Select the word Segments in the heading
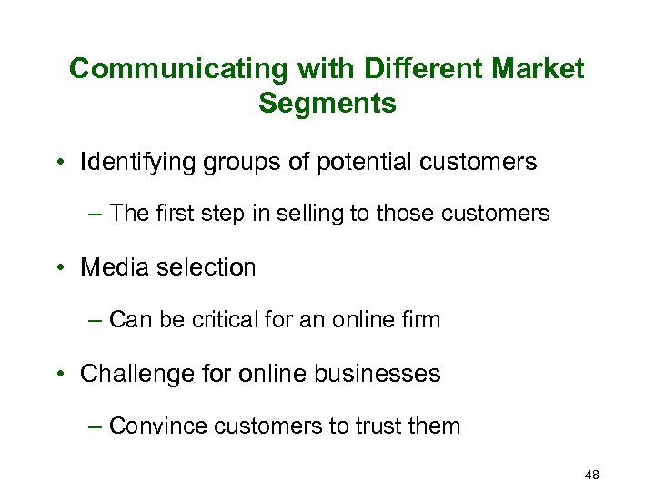[327, 104]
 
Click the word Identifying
[135, 163]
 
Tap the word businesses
[383, 374]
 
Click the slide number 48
[590, 476]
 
